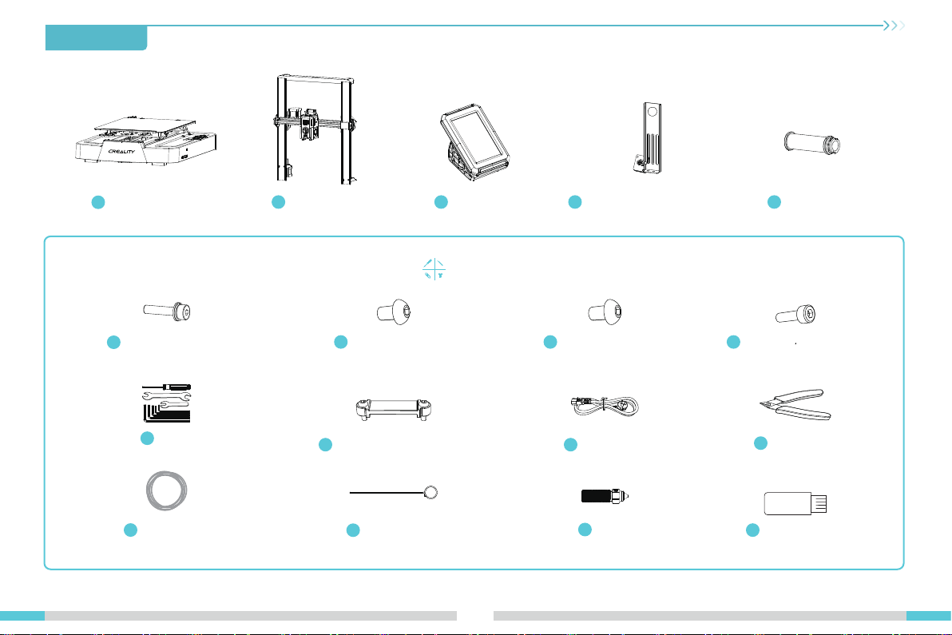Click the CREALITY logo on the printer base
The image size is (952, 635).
point(121,151)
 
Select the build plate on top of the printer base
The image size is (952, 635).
point(145,126)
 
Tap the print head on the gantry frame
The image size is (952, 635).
point(310,125)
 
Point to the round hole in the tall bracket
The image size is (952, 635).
point(653,112)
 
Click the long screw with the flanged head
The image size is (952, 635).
point(168,312)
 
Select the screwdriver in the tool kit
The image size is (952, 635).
point(166,387)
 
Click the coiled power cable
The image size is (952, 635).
point(605,406)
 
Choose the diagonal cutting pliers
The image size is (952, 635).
point(795,404)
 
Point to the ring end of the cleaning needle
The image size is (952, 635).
point(430,492)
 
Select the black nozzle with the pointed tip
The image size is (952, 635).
point(605,496)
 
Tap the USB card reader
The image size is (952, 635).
point(795,503)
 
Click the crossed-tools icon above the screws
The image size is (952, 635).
point(434,269)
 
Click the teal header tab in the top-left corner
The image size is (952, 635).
point(96,38)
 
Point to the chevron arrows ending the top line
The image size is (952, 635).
point(894,26)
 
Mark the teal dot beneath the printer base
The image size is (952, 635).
point(97,202)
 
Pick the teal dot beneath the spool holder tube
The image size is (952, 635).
point(774,202)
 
